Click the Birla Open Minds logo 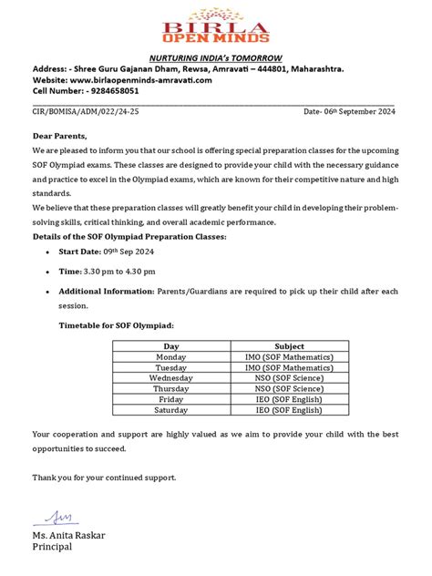[x=215, y=27]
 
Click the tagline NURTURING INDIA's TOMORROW [x=215, y=57]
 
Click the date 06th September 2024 [x=349, y=112]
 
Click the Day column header [x=171, y=346]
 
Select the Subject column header [x=289, y=346]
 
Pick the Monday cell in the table [x=171, y=357]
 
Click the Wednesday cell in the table [x=171, y=377]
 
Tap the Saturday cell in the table [x=171, y=409]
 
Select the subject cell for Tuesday [x=289, y=367]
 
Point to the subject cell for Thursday [x=289, y=388]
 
